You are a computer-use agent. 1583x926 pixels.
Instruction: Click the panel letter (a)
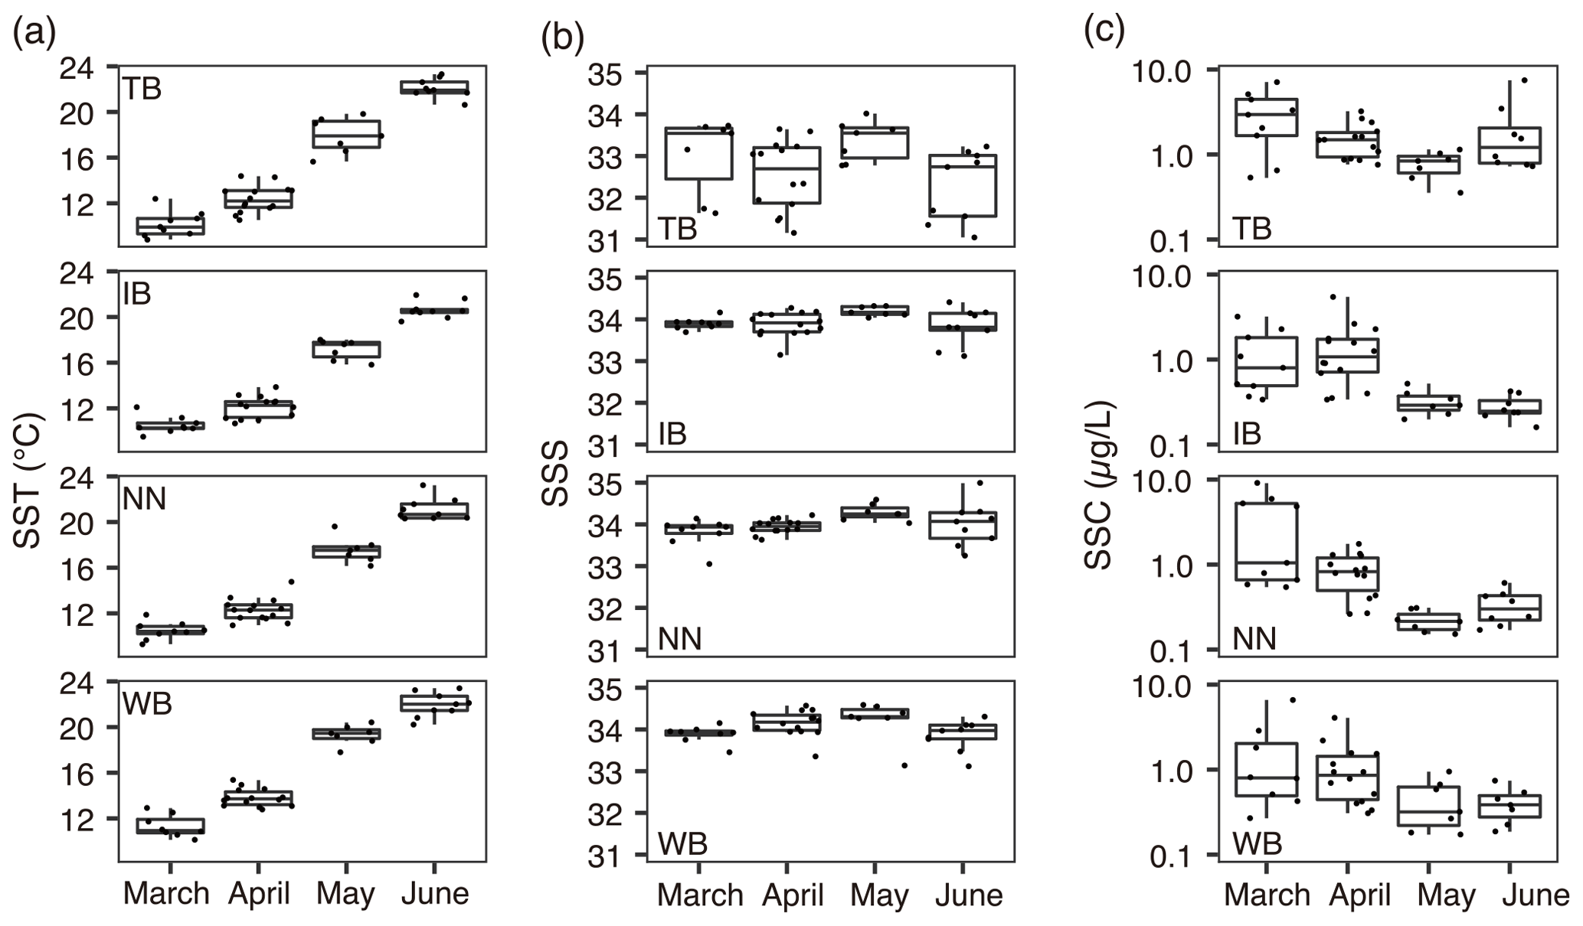tap(34, 34)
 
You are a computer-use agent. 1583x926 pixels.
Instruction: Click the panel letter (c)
tap(1104, 31)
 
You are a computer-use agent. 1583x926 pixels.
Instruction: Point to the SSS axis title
tap(555, 474)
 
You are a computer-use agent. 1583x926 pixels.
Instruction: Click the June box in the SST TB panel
tap(434, 87)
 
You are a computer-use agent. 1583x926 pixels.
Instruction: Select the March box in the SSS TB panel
tap(698, 153)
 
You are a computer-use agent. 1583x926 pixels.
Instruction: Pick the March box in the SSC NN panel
tap(1266, 541)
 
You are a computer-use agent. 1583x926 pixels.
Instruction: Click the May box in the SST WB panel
tap(345, 734)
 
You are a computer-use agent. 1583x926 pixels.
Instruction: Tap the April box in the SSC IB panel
tap(1347, 356)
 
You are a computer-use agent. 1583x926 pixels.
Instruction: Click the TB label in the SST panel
tap(142, 90)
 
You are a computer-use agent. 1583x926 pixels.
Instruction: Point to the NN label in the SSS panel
tap(679, 638)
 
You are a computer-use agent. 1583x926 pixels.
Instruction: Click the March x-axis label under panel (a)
tap(166, 894)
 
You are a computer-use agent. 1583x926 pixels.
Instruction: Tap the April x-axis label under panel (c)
tap(1359, 895)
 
